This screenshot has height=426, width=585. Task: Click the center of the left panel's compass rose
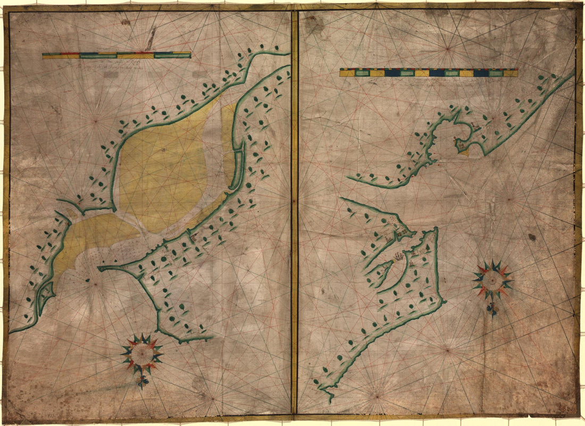point(141,353)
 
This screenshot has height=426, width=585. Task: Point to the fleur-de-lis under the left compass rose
point(141,381)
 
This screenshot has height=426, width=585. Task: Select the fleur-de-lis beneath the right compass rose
point(492,309)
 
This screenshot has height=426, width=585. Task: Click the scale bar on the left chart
point(116,55)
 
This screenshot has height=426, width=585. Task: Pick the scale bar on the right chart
point(429,72)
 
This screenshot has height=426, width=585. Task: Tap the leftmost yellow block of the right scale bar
point(347,72)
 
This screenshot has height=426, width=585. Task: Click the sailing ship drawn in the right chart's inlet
point(398,258)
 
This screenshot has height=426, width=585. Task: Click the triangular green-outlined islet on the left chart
point(46,291)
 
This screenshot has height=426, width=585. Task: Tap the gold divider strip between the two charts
point(294,213)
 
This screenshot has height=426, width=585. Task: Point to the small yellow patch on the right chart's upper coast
point(464,153)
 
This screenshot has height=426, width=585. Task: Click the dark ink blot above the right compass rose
point(532,237)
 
